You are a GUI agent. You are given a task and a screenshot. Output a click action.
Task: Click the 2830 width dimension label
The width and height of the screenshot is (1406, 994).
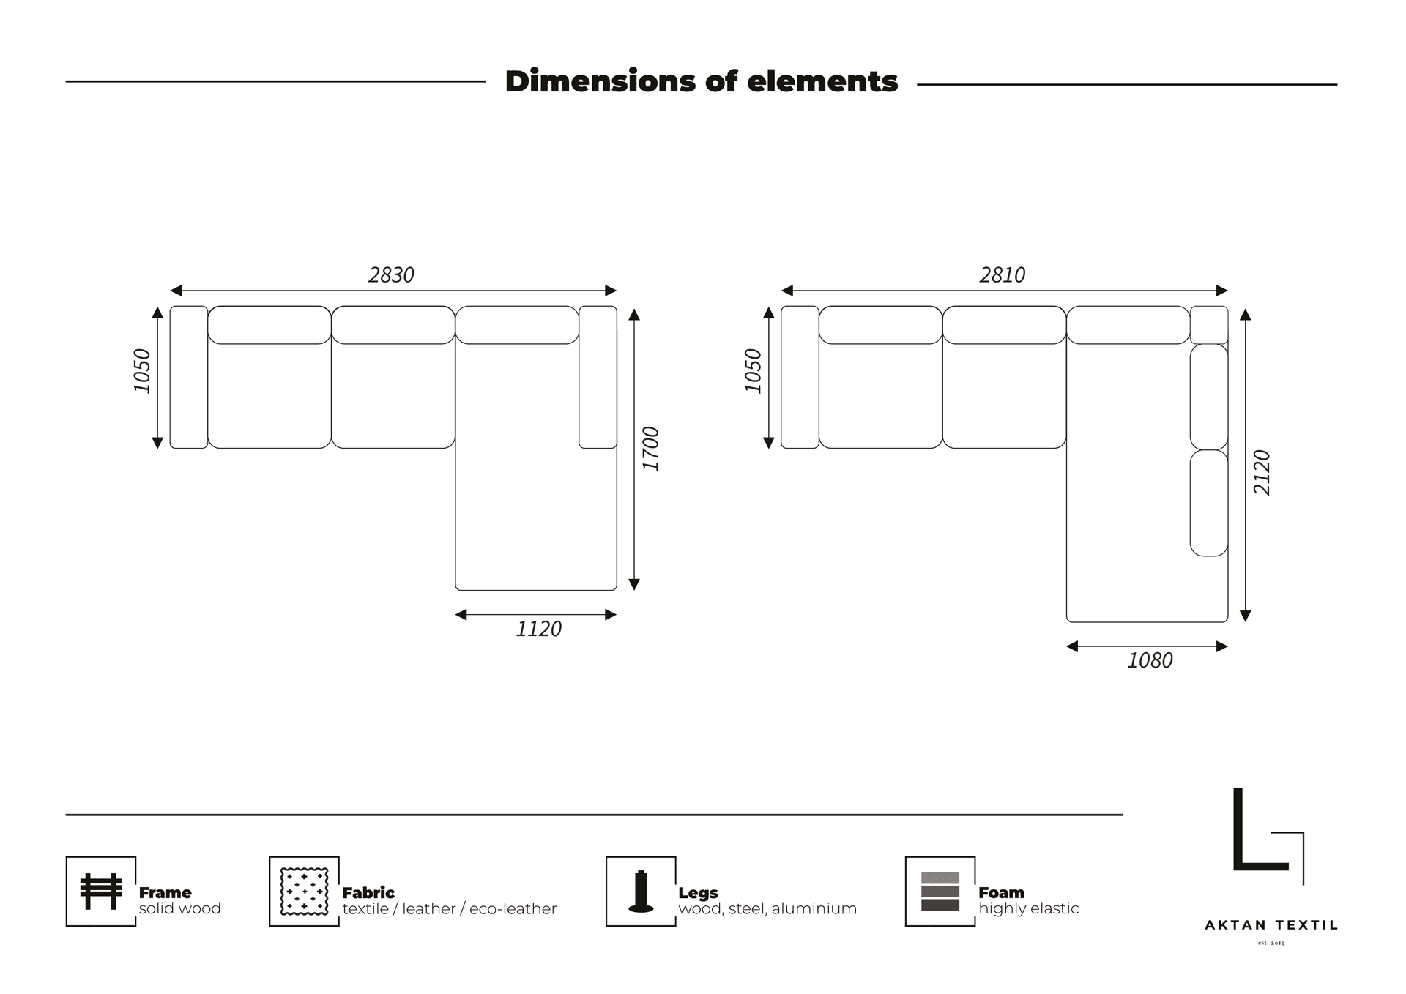391,275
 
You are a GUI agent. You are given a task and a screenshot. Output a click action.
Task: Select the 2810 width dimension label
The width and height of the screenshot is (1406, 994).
1002,275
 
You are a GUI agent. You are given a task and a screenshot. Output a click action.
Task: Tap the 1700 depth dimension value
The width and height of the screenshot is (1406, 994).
651,449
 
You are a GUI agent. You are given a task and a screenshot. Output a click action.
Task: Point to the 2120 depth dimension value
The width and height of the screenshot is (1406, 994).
1262,473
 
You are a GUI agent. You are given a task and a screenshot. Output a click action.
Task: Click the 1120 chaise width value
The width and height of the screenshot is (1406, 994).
538,629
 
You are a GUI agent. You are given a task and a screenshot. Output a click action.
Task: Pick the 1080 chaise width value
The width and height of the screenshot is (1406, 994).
1150,661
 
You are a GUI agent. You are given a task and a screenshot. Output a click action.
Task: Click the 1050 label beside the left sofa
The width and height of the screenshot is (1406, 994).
142,371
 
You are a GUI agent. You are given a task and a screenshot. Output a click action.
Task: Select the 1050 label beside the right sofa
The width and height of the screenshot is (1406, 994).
753,371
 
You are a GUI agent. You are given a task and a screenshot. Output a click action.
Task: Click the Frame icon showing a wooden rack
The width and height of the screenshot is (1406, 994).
101,892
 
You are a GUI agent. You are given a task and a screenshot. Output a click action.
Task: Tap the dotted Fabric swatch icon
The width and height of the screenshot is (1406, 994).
304,892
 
